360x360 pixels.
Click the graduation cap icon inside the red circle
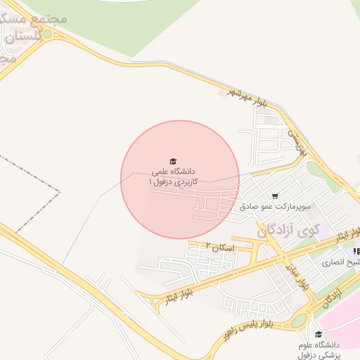pos(173,162)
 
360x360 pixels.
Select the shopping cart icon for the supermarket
pos(274,196)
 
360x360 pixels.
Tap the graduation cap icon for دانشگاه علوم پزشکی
pos(319,334)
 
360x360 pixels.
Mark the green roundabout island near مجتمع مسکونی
pos(47,34)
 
